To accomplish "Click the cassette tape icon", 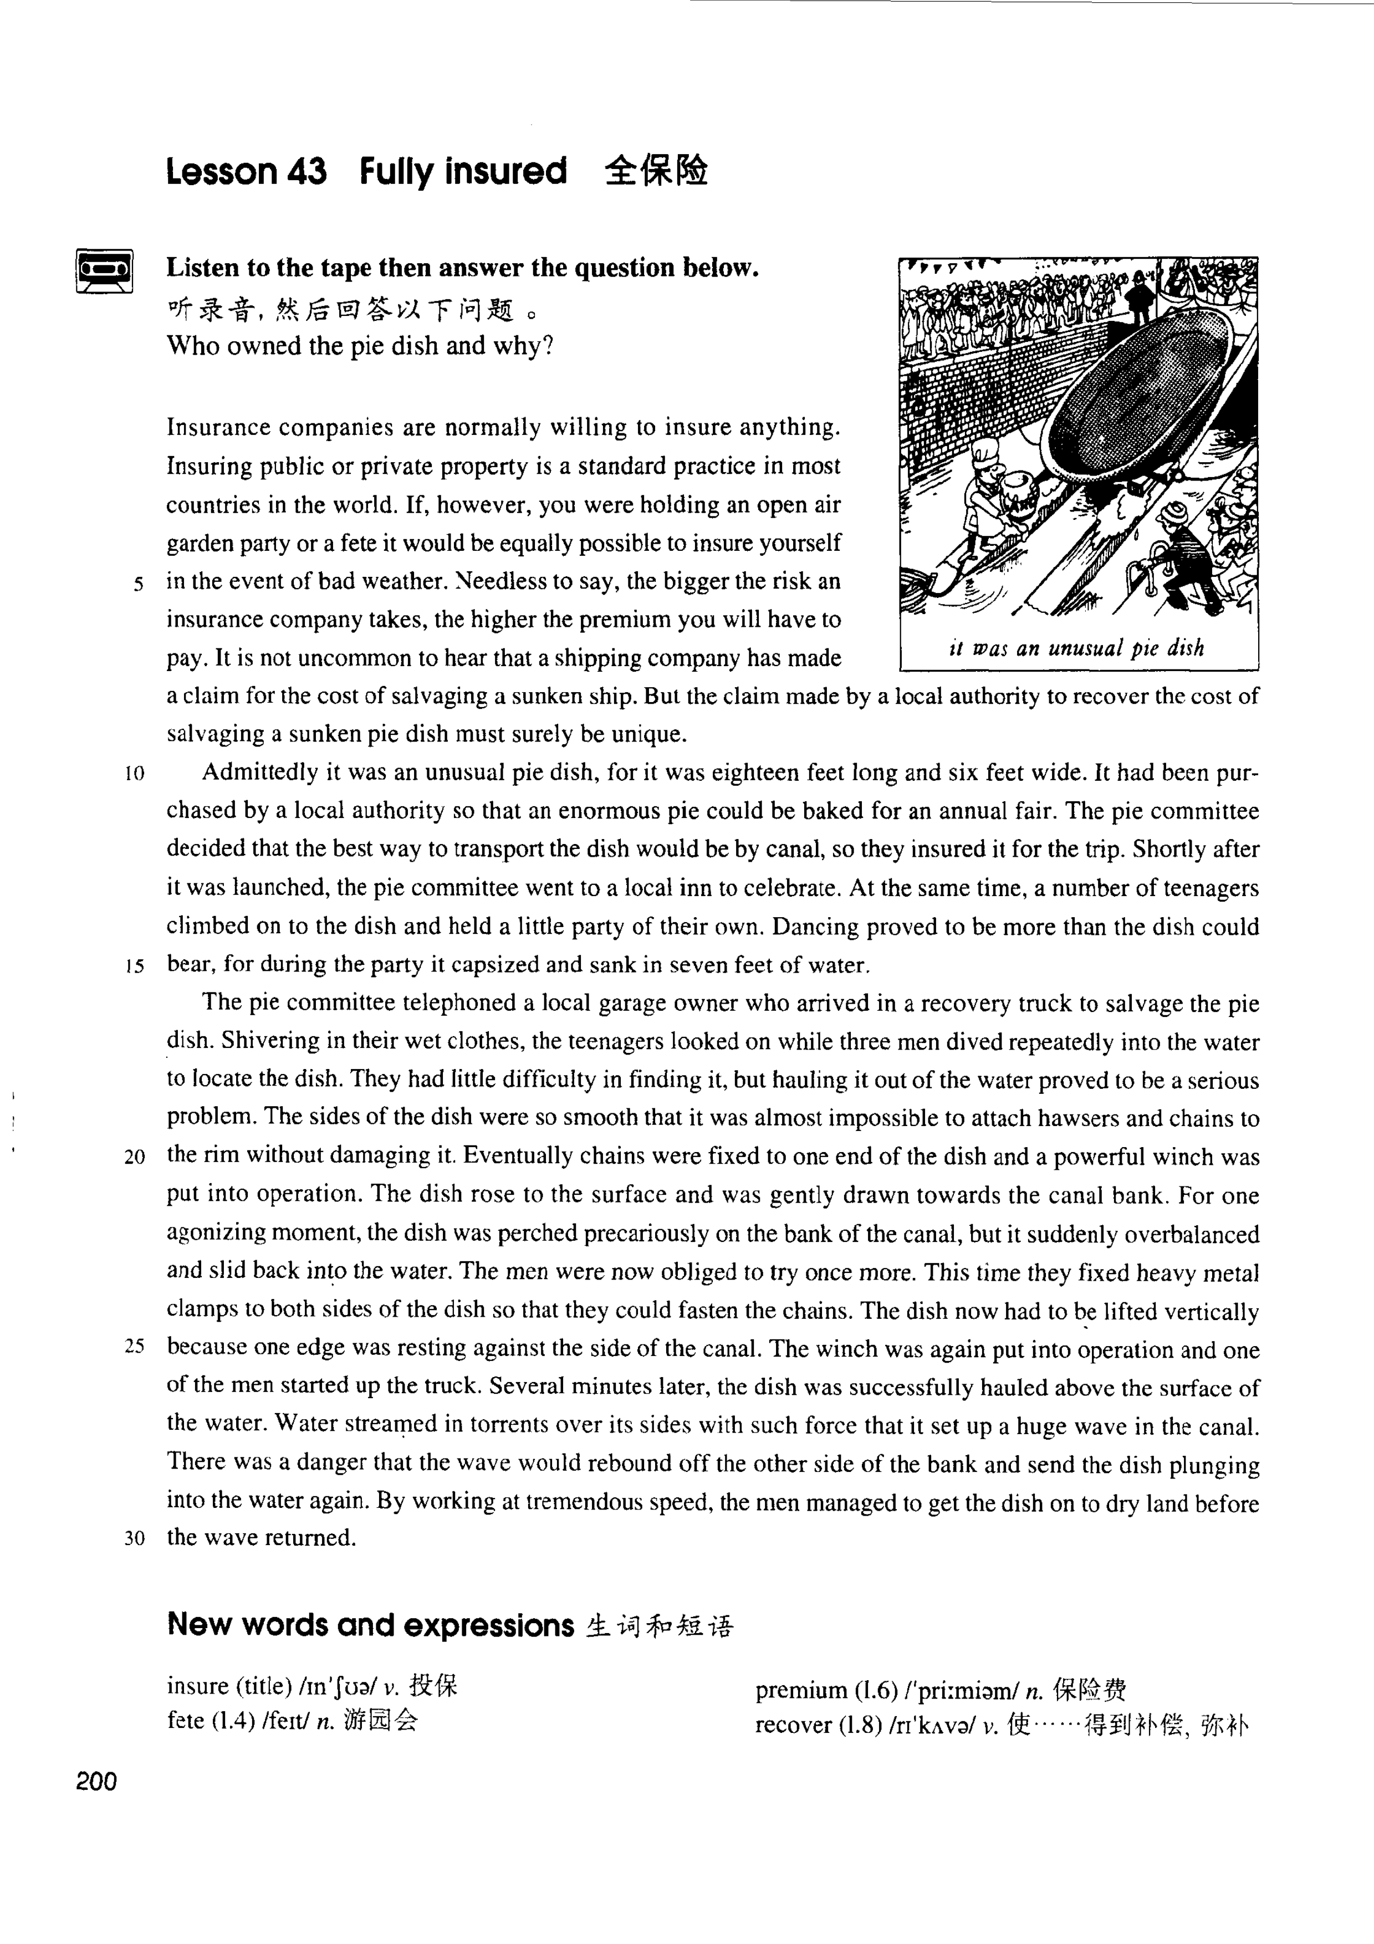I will (x=105, y=270).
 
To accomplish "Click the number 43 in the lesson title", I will (x=307, y=171).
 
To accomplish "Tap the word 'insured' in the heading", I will (x=505, y=171).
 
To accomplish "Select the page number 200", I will (x=96, y=1782).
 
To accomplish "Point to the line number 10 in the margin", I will (x=135, y=774).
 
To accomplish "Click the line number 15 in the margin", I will (x=135, y=966).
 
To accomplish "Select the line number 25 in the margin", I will (x=135, y=1348).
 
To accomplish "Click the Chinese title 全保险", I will (x=656, y=171).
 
